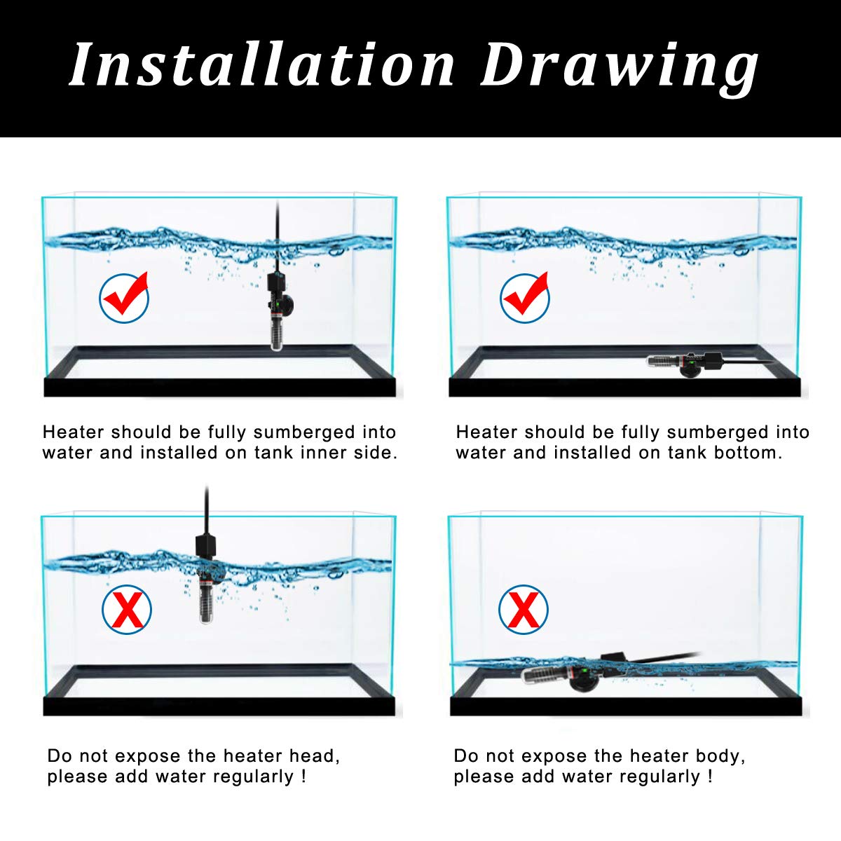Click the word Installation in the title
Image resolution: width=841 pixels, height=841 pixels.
tap(262, 64)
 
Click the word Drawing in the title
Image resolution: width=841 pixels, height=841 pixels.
tap(620, 69)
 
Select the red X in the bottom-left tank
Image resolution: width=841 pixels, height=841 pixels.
tap(127, 609)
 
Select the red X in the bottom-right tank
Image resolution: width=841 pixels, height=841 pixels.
tap(524, 609)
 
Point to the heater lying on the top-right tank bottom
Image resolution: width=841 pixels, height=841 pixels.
tap(687, 364)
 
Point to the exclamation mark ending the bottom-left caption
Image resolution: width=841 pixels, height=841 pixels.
tap(303, 777)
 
